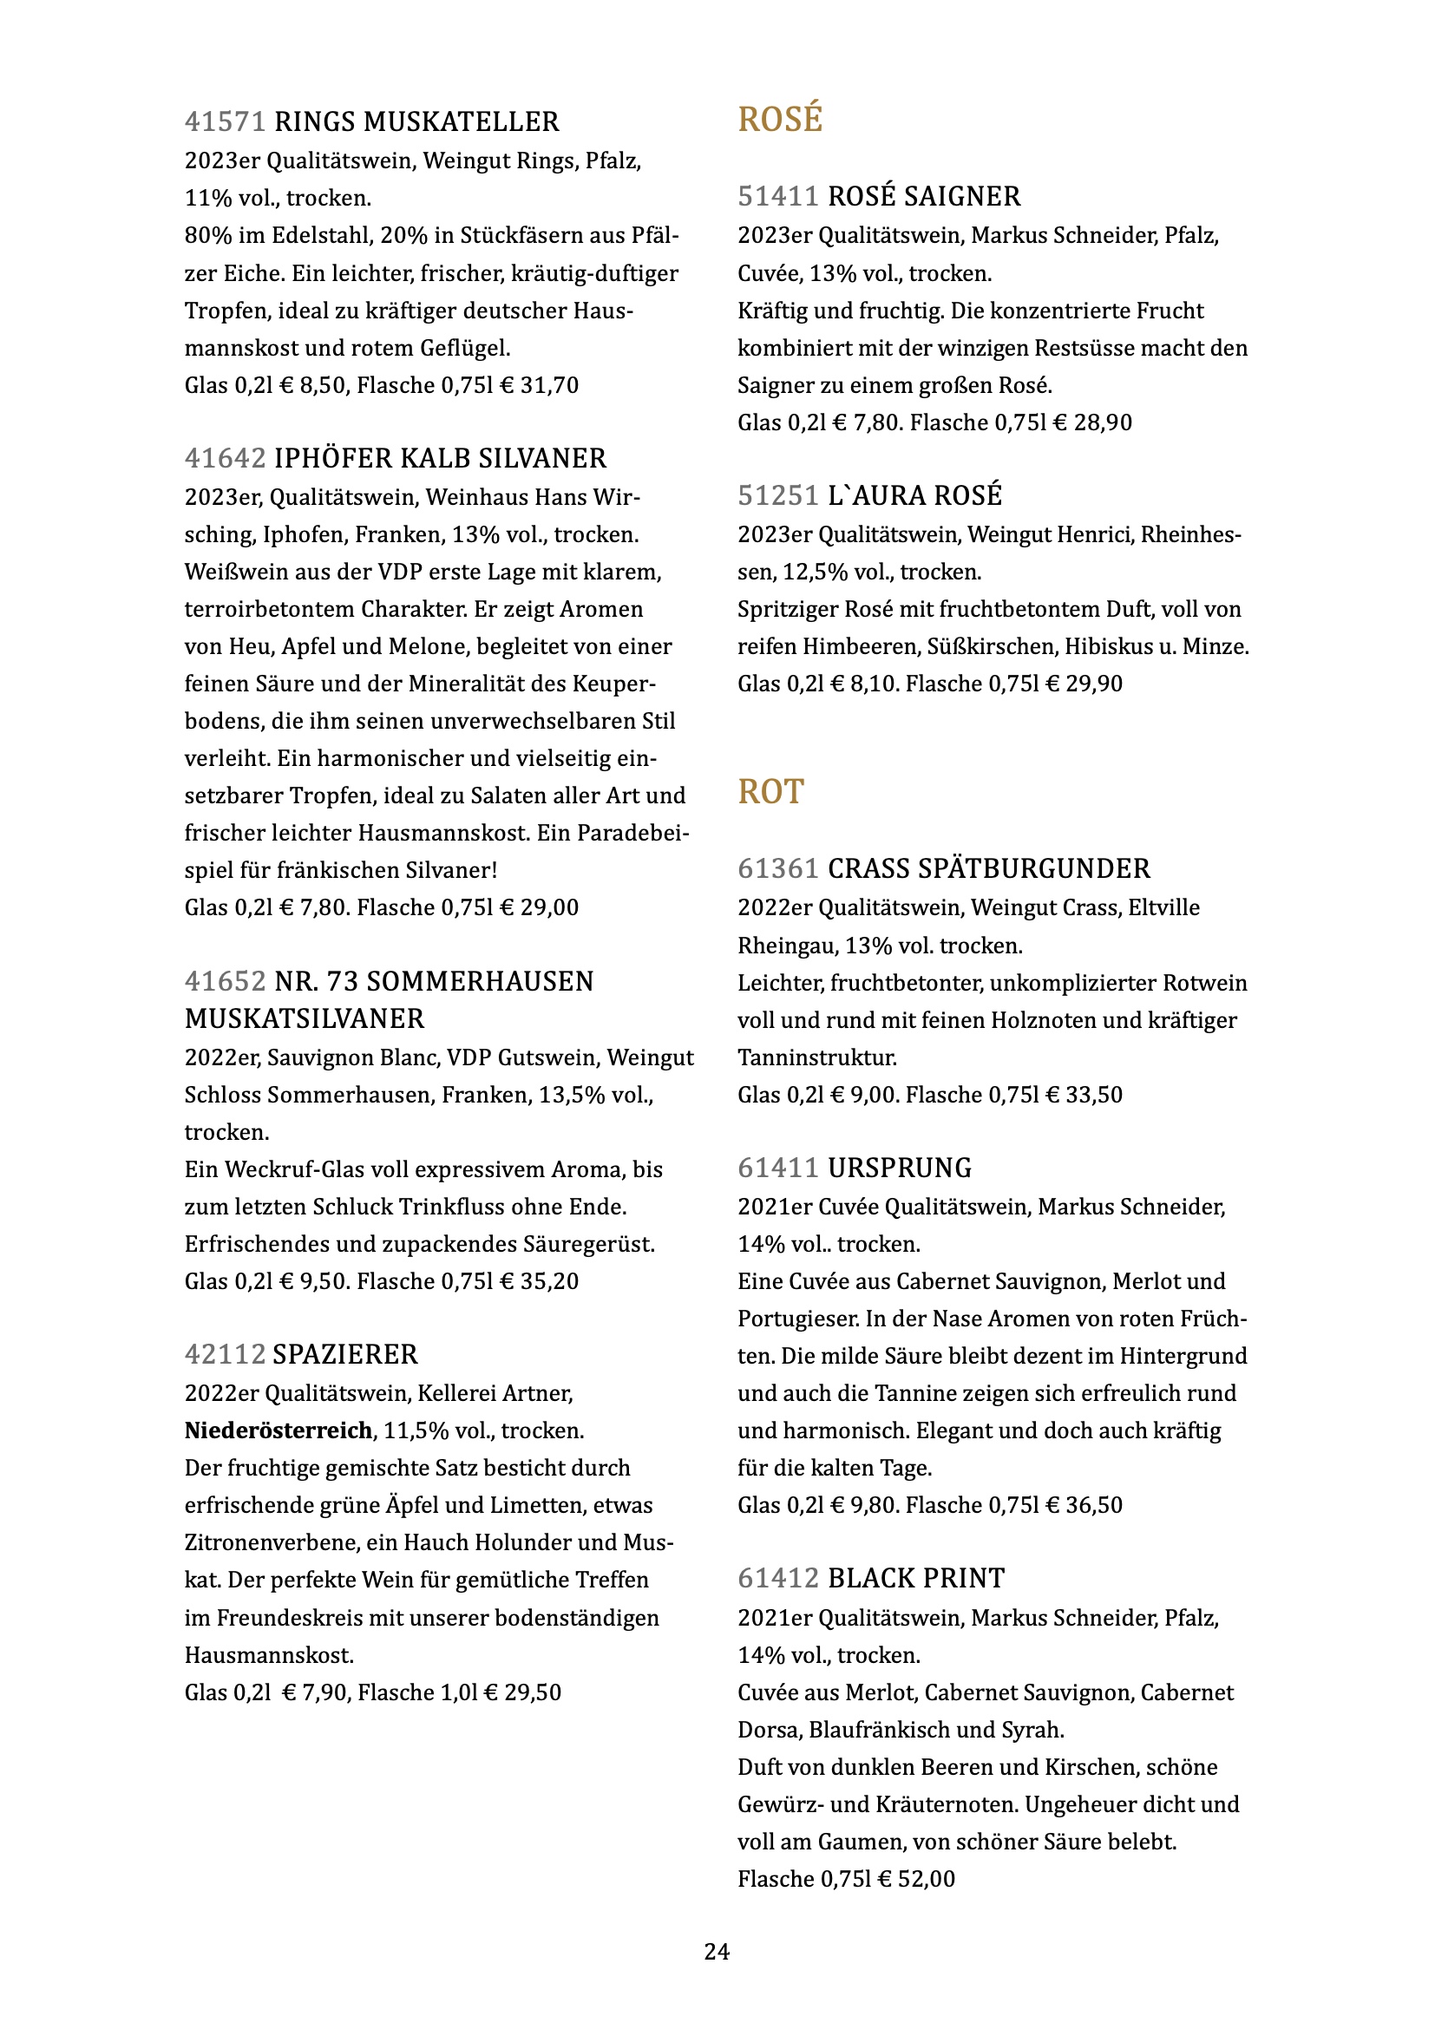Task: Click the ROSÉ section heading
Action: (x=779, y=120)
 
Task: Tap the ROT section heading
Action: (x=770, y=792)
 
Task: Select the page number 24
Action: (x=717, y=1951)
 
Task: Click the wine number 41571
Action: (x=225, y=122)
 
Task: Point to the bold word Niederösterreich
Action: (x=278, y=1430)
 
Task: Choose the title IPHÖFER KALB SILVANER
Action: (x=440, y=459)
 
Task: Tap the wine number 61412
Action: (x=777, y=1578)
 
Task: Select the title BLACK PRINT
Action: (x=916, y=1578)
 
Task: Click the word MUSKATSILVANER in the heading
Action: (x=305, y=1019)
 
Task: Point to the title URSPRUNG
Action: (x=900, y=1168)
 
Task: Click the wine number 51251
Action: (x=777, y=496)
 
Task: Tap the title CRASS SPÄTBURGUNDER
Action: (x=989, y=868)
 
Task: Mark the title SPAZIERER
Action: (x=345, y=1355)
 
